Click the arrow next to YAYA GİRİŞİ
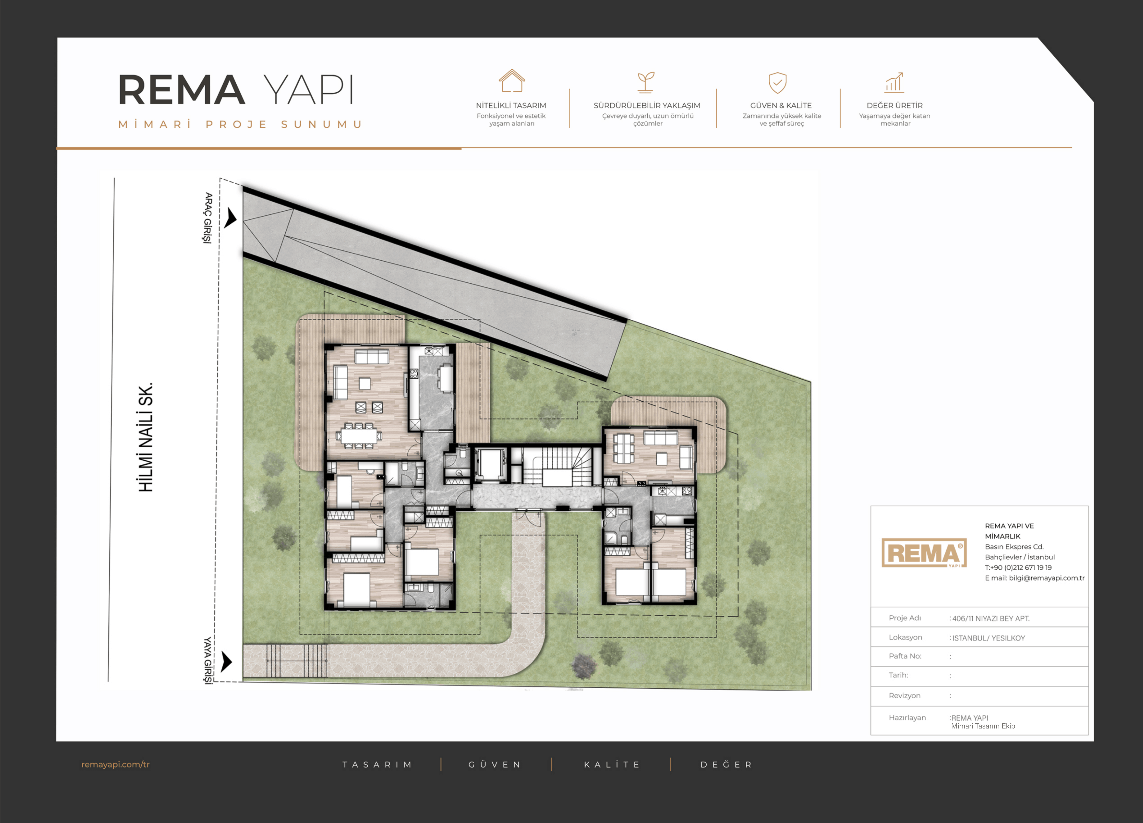click(227, 661)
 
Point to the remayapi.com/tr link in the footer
click(116, 764)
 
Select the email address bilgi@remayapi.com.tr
click(1047, 578)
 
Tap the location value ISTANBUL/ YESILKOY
click(988, 638)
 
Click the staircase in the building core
click(557, 466)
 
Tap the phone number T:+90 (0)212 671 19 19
click(1018, 567)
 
